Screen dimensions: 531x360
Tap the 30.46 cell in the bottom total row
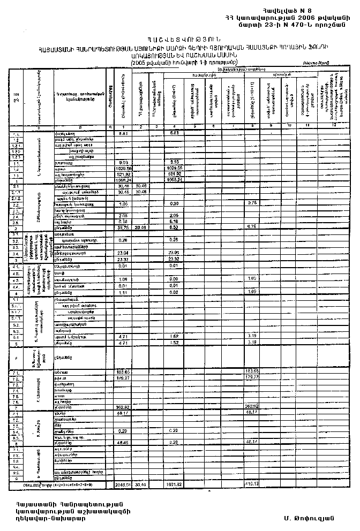pyautogui.click(x=140, y=484)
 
